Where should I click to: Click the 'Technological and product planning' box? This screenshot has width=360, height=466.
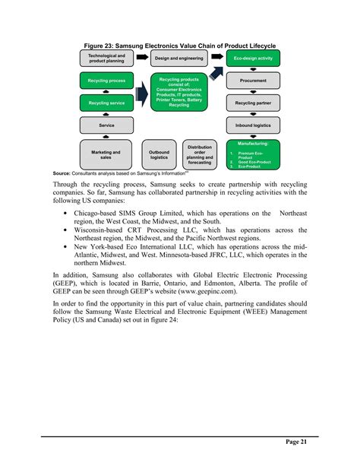coord(106,58)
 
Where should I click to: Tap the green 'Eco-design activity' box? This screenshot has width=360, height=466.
coord(253,58)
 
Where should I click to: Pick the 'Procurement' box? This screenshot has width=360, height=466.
coord(253,80)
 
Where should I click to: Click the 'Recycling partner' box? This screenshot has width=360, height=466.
coord(253,102)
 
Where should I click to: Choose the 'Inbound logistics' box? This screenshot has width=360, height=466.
coord(253,125)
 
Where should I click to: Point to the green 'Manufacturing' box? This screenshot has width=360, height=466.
coord(253,154)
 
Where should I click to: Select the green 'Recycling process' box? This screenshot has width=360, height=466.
coord(106,80)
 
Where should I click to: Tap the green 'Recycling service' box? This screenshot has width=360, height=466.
coord(106,102)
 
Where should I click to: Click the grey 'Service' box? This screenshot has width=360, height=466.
coord(106,125)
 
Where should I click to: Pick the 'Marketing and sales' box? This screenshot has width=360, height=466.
coord(106,154)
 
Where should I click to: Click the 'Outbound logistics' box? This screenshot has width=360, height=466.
coord(159,154)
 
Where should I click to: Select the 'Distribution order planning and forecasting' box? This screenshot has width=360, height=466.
coord(200,154)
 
